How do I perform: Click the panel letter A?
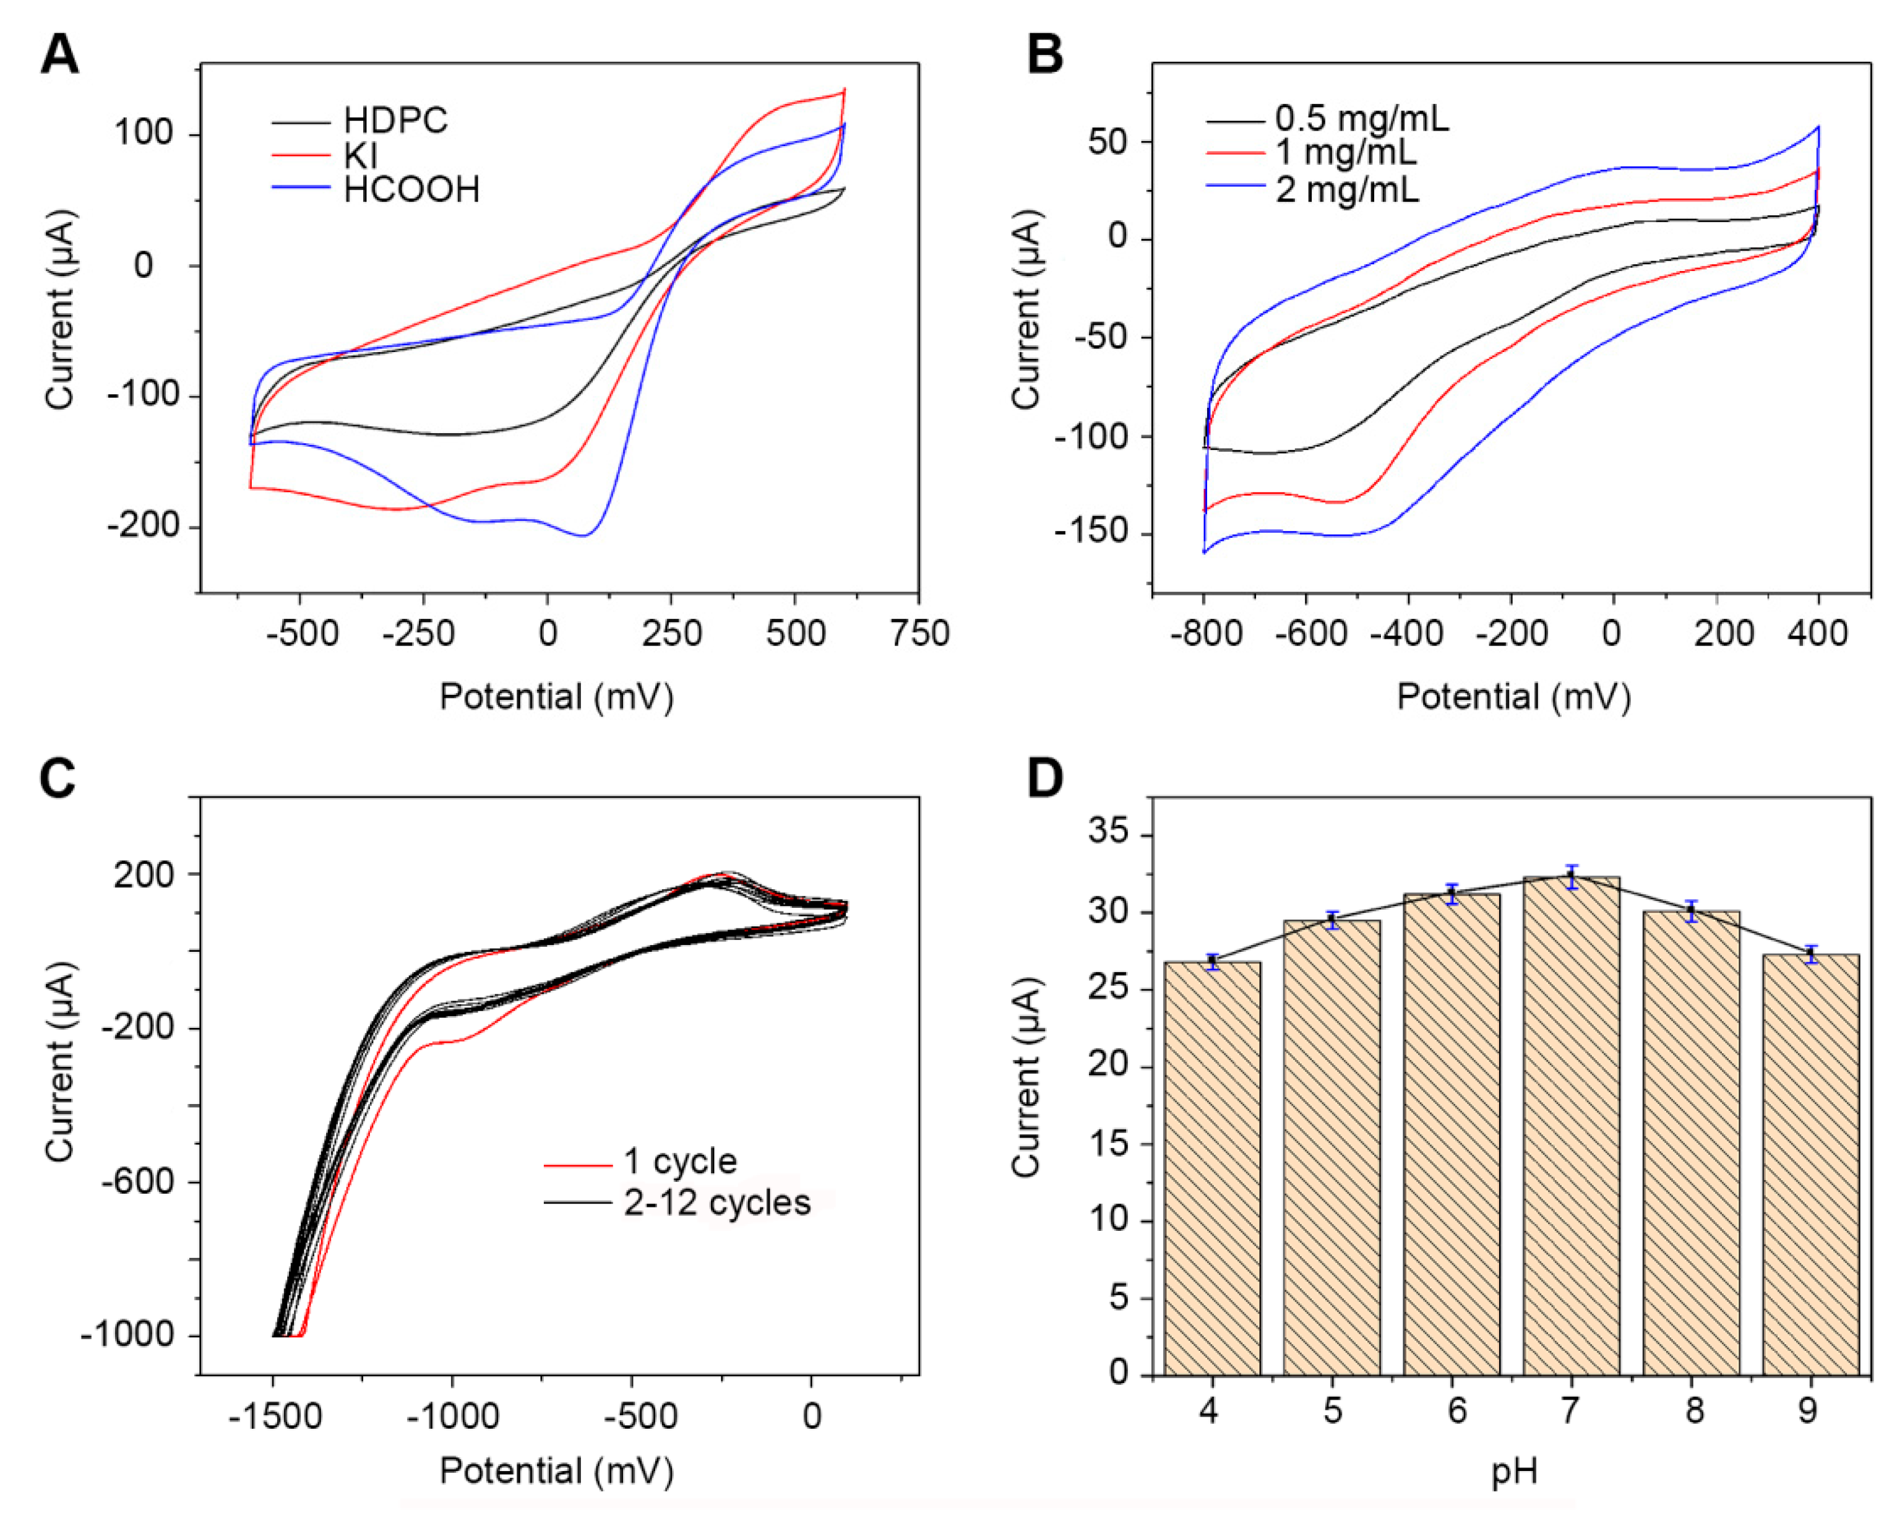(x=60, y=56)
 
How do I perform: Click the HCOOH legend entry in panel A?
(x=411, y=190)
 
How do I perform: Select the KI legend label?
(x=361, y=156)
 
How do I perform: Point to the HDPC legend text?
(x=395, y=121)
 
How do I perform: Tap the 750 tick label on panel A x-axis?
(x=919, y=634)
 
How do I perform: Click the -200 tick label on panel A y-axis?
(x=144, y=526)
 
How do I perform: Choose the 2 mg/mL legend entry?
(x=1346, y=190)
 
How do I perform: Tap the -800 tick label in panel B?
(x=1205, y=634)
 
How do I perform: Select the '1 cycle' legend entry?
(x=679, y=1162)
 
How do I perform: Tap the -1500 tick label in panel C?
(x=275, y=1417)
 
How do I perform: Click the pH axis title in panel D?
(x=1513, y=1472)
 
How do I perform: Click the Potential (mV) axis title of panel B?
(x=1513, y=697)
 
